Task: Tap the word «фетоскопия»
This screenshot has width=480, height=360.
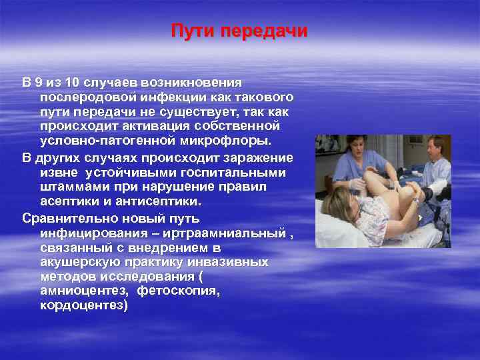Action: pyautogui.click(x=179, y=291)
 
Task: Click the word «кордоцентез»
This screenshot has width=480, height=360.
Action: pyautogui.click(x=84, y=306)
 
